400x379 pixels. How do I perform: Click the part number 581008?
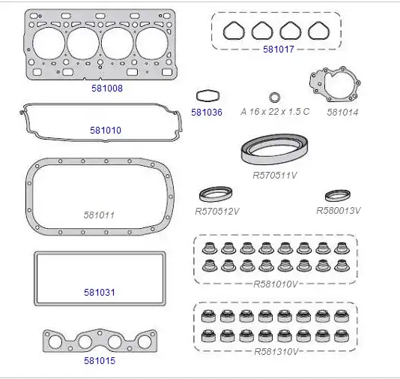[107, 89]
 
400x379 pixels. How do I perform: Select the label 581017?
[279, 50]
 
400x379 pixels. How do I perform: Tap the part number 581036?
[207, 112]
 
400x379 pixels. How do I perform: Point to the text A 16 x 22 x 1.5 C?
[275, 112]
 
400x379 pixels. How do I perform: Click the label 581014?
[342, 112]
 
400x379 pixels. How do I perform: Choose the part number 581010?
[106, 131]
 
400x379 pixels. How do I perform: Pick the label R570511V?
[275, 176]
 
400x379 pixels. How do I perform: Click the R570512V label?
[217, 212]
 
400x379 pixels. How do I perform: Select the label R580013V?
[339, 211]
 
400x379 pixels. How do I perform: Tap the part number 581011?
[99, 215]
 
